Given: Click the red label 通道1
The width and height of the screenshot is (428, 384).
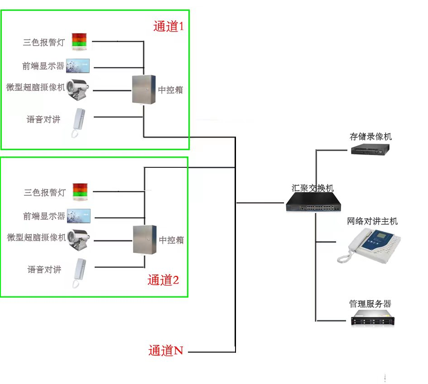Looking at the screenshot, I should [x=168, y=26].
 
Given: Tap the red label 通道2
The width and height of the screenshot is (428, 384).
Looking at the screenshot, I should [x=163, y=280].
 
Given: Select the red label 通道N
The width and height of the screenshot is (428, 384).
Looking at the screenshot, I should [x=166, y=351].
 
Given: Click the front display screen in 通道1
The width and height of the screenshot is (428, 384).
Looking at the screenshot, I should [x=78, y=66].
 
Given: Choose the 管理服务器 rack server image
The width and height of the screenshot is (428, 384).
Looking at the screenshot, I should [x=373, y=320].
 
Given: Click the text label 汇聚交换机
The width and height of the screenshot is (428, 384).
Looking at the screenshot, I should [x=313, y=187].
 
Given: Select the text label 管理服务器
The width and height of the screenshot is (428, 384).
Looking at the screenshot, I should [x=370, y=304].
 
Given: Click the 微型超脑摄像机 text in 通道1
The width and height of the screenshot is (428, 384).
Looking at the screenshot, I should [x=36, y=87].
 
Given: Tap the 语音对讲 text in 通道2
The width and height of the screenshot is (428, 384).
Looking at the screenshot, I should [x=44, y=270].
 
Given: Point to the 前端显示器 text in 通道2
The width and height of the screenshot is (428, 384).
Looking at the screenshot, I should [x=44, y=216].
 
